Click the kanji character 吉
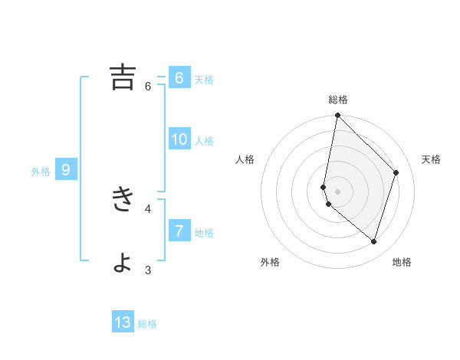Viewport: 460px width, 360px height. coord(123,77)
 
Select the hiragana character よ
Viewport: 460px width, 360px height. coord(123,262)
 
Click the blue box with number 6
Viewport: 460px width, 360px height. coord(179,78)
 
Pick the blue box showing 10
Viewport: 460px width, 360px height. coord(179,139)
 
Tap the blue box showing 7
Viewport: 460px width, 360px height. coord(179,231)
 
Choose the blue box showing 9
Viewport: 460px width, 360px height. coord(66,170)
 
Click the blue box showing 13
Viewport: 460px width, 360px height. coord(123,322)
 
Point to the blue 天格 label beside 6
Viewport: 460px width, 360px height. coord(204,80)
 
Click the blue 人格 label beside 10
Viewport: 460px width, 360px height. coord(204,141)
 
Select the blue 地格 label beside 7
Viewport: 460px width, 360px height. coord(204,233)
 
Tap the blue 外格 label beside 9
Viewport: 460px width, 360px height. coord(41,172)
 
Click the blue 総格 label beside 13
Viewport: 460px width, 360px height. coord(147,324)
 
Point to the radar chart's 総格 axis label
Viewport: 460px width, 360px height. coord(338,100)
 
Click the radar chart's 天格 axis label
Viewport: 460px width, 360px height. coord(431,159)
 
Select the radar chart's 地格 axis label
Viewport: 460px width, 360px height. coord(402,262)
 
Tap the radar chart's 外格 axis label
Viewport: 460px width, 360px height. coord(270,262)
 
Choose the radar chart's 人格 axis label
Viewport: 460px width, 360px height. coord(245,159)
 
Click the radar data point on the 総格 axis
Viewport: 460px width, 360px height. coord(337,116)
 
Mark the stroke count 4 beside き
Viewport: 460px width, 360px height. coord(148,208)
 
